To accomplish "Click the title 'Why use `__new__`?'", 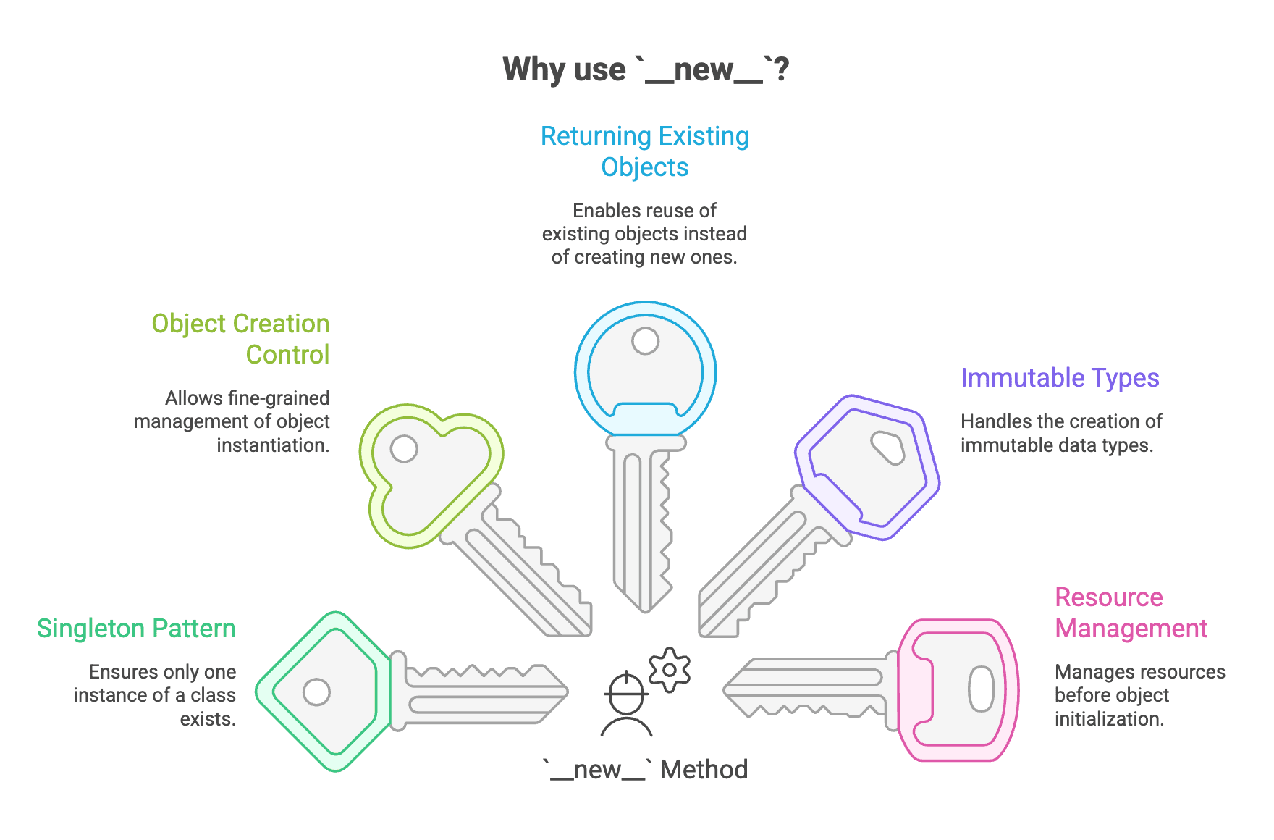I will coord(645,70).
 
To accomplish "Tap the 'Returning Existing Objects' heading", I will coord(644,151).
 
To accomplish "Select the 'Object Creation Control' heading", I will coord(241,339).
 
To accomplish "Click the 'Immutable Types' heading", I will coord(1060,378).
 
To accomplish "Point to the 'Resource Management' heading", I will coord(1131,613).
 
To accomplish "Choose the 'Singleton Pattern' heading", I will coord(136,629).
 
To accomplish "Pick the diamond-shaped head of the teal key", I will coord(325,692).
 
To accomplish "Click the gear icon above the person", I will coord(670,670).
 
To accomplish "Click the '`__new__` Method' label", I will coord(646,770).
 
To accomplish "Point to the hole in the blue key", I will coord(645,341).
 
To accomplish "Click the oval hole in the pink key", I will coord(982,689).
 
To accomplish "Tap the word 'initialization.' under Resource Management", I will coord(1109,719).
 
